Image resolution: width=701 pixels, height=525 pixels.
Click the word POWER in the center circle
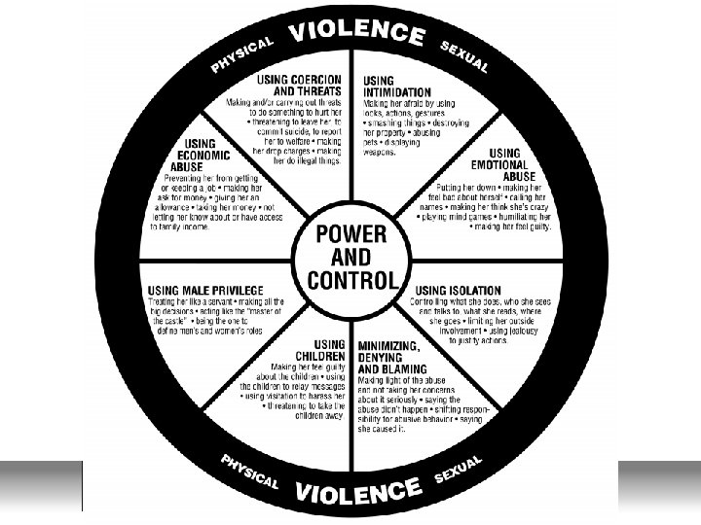351,234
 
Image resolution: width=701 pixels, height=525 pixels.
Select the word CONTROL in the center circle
351,281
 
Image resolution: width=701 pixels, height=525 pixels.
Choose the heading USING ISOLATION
458,290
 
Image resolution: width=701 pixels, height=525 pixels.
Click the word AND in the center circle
351,258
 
